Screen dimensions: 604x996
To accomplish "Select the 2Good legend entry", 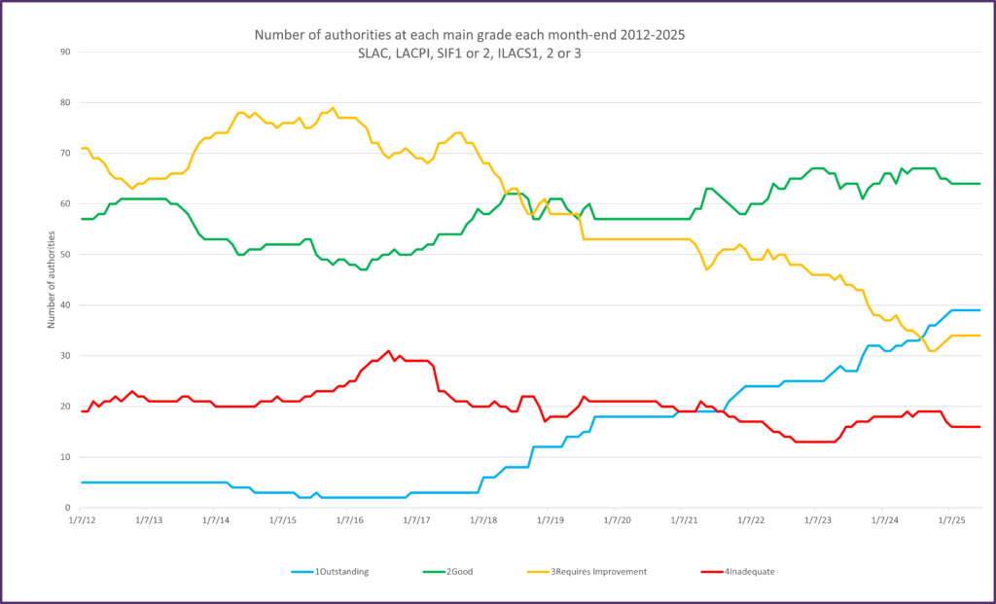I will [x=464, y=571].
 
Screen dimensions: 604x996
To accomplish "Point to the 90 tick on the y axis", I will [x=66, y=52].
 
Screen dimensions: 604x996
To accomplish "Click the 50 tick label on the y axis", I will [x=66, y=255].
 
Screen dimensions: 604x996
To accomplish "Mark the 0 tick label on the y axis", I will [x=69, y=509].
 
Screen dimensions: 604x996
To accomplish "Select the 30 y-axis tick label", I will [x=66, y=356].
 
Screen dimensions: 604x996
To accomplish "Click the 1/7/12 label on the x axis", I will [x=83, y=521].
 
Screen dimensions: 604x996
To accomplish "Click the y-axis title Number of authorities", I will [x=52, y=280].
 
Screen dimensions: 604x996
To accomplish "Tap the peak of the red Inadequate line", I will [x=388, y=351].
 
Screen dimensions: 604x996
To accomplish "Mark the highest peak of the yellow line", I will [x=333, y=108].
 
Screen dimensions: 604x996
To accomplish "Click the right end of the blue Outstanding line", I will [x=979, y=310].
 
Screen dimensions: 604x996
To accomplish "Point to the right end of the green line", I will [x=979, y=184].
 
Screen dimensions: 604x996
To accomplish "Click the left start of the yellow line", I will [x=82, y=148].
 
